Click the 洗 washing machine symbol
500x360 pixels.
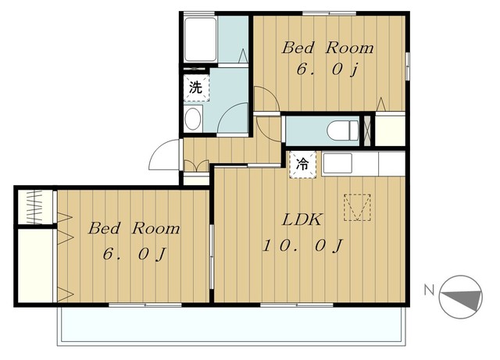coord(196,87)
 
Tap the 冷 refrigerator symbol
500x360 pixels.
coord(302,165)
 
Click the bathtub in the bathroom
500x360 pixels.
coord(201,40)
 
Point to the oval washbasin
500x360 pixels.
coord(193,119)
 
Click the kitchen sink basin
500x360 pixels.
coord(337,163)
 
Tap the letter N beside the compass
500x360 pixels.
coord(429,290)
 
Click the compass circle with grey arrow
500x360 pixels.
coord(460,297)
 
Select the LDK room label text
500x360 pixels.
coord(302,219)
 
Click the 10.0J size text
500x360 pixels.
coord(302,245)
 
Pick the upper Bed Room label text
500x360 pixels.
coord(327,48)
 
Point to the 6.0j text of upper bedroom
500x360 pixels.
coord(327,70)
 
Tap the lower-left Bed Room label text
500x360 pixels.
coord(134,228)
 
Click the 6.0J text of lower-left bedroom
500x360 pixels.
coord(134,254)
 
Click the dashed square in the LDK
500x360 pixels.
coord(357,207)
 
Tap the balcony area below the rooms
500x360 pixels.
coord(231,325)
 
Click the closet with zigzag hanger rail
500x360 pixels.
coord(35,207)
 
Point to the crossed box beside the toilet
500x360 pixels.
coord(368,130)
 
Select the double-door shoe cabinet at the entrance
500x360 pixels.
coord(196,166)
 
